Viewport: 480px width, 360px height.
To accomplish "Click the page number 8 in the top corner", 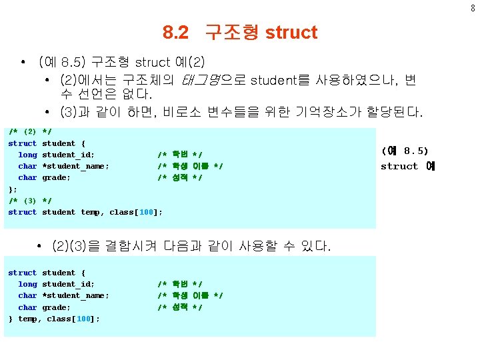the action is click(x=473, y=8).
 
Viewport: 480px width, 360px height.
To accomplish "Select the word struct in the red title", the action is click(x=291, y=32).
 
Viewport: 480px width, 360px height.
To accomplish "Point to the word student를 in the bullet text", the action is click(x=280, y=81).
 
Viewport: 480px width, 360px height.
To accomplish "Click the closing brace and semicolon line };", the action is click(x=13, y=189).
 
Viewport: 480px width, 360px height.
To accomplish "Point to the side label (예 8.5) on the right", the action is click(x=405, y=151).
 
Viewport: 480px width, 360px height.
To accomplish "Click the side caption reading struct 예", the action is click(x=407, y=166).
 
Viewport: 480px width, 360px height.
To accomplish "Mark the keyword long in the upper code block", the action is click(x=27, y=155).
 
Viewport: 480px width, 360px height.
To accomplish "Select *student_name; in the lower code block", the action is click(x=75, y=295).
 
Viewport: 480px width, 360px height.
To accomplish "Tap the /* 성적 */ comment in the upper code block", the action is click(x=180, y=177).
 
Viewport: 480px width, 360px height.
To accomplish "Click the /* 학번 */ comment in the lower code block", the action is click(x=180, y=284).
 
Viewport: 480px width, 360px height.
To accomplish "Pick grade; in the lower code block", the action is click(x=56, y=307).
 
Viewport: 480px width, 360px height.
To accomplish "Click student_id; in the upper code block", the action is click(x=68, y=155).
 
